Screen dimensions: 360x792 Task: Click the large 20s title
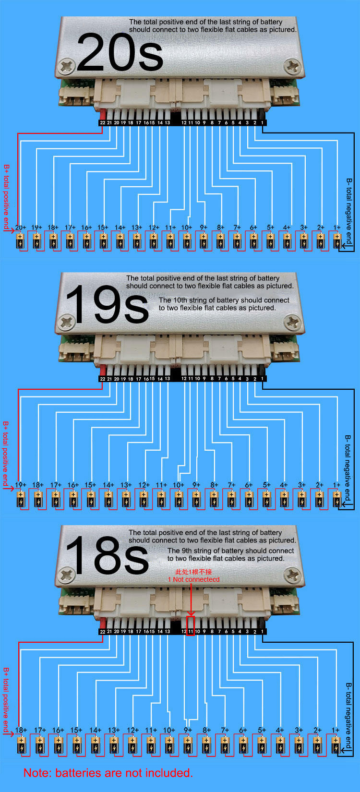pos(120,52)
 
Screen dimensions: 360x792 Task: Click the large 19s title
pos(107,304)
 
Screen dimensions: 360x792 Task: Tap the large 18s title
pos(107,555)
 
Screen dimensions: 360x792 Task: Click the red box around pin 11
pos(191,625)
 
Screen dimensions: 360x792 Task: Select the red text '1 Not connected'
pos(193,579)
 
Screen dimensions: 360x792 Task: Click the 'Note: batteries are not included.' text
pos(108,772)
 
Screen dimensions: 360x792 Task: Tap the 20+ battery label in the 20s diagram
pos(21,228)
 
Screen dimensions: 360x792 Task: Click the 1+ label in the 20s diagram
pos(337,228)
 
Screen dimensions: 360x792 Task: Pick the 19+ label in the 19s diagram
pos(21,485)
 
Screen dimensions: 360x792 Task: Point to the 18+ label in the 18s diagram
pos(21,730)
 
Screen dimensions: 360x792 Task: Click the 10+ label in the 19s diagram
pos(179,485)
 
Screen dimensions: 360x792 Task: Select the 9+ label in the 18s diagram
pos(188,730)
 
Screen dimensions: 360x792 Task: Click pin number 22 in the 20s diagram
pos(103,123)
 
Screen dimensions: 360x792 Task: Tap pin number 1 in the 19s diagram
pos(262,379)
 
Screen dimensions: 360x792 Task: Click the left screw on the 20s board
pos(67,66)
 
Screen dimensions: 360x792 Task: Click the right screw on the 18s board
pos(293,576)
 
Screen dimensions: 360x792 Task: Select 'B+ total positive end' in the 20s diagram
pos(6,197)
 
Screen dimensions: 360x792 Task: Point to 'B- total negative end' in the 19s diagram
pos(348,468)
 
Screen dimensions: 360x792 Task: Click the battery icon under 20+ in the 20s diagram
pos(21,241)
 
